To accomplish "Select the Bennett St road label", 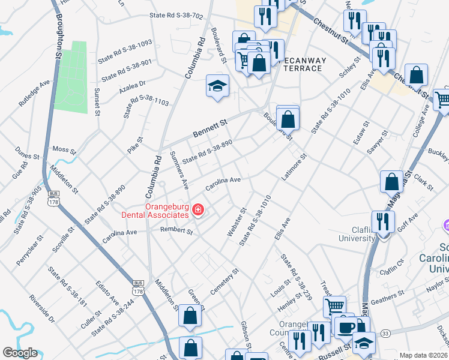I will (x=211, y=128).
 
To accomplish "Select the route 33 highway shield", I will (x=385, y=333).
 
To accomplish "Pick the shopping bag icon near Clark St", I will (x=391, y=182).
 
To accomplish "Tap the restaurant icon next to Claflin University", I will (x=382, y=221).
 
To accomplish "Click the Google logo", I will (x=20, y=352).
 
